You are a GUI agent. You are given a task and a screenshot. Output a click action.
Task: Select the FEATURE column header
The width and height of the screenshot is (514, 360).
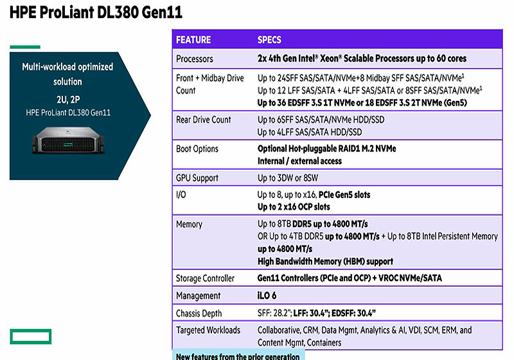(193, 40)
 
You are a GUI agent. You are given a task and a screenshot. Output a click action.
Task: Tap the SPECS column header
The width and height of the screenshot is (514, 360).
(269, 40)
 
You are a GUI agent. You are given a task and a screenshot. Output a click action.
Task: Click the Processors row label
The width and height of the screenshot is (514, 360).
(195, 59)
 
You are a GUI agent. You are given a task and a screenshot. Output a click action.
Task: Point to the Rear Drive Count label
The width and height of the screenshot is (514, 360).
(204, 120)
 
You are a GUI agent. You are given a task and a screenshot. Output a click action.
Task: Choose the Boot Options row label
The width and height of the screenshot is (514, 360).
(197, 148)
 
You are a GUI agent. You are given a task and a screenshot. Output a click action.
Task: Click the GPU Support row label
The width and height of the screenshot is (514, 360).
(197, 178)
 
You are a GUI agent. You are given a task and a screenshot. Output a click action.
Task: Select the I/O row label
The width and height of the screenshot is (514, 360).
(181, 195)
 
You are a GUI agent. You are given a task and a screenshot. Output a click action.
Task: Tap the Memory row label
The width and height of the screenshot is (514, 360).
(190, 224)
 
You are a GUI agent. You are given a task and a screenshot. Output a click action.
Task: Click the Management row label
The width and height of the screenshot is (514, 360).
(199, 296)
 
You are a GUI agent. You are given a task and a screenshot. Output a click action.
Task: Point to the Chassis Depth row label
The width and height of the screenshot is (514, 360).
(199, 313)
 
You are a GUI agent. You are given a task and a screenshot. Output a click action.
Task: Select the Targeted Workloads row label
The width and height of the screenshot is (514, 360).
(208, 330)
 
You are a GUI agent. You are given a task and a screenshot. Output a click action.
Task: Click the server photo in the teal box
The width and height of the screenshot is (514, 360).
(67, 139)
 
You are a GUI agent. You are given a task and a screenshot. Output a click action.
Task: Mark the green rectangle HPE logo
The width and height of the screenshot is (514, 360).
(30, 335)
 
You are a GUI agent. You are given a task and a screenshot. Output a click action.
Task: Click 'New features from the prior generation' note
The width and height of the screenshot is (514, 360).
(238, 356)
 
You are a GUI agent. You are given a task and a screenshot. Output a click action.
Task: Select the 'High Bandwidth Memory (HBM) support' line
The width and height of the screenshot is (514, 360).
(325, 262)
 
